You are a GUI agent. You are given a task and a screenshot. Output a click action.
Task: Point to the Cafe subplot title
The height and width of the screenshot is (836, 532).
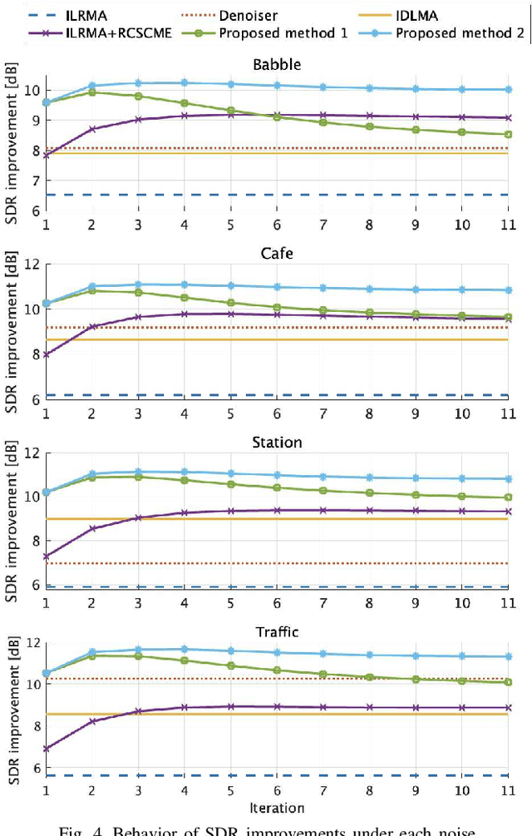(277, 252)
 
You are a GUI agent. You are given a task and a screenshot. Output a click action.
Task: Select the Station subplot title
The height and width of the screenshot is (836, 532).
(277, 442)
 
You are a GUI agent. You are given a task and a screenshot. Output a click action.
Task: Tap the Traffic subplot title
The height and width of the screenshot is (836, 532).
(277, 631)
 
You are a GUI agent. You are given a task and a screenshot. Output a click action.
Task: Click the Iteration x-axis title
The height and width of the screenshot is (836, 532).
(277, 807)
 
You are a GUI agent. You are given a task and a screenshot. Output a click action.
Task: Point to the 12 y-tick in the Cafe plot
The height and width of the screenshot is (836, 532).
(32, 265)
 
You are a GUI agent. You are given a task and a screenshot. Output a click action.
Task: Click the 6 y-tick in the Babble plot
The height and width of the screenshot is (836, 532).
(35, 210)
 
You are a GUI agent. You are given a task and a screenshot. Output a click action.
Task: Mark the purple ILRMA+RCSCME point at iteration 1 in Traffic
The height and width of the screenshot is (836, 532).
(47, 749)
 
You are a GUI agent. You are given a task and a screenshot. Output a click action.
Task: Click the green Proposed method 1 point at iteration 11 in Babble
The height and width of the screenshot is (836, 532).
(508, 134)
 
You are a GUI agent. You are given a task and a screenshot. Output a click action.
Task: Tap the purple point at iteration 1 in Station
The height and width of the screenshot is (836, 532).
(47, 557)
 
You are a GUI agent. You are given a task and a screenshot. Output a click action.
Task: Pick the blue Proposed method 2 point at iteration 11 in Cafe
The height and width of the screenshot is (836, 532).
(508, 290)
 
